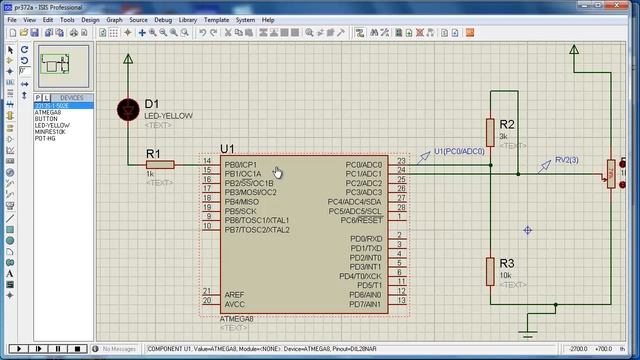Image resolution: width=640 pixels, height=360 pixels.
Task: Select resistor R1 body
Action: (x=160, y=164)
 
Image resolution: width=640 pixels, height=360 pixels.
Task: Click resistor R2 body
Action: (x=491, y=131)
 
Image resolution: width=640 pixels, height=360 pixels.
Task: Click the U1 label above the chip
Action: (x=227, y=149)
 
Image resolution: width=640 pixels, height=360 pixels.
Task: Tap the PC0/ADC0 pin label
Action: (x=363, y=164)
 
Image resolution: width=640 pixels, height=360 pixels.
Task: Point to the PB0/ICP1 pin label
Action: (x=241, y=164)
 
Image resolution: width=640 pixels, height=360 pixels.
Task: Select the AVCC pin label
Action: (x=234, y=304)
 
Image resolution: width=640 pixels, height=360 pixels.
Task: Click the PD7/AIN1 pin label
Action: (x=366, y=304)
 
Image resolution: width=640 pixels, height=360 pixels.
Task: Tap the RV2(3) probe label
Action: (x=566, y=160)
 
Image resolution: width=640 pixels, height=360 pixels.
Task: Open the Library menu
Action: (x=188, y=19)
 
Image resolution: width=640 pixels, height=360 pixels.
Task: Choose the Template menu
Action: (x=216, y=19)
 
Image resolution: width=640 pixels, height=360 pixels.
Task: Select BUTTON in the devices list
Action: (x=48, y=118)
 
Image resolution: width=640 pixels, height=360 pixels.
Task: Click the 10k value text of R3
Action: (x=506, y=274)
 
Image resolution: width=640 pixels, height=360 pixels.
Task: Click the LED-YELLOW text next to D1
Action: (x=168, y=116)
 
